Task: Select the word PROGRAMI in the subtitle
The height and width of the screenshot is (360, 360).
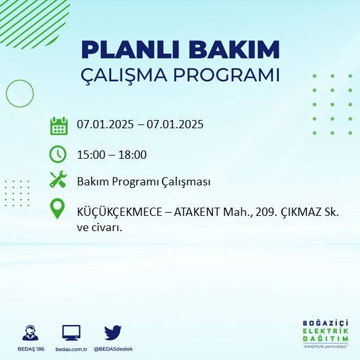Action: [x=232, y=74]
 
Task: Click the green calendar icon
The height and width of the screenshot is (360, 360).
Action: [x=58, y=126]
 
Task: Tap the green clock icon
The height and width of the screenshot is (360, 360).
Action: [x=58, y=154]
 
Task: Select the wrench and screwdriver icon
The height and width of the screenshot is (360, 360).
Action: [x=58, y=180]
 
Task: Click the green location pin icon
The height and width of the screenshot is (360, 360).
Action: [x=58, y=209]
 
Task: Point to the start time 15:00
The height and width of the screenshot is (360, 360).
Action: [x=90, y=154]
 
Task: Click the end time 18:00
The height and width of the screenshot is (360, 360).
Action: [x=133, y=154]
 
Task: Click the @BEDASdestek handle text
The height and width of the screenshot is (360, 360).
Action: [x=113, y=349]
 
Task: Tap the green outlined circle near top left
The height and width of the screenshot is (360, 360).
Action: [x=19, y=93]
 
